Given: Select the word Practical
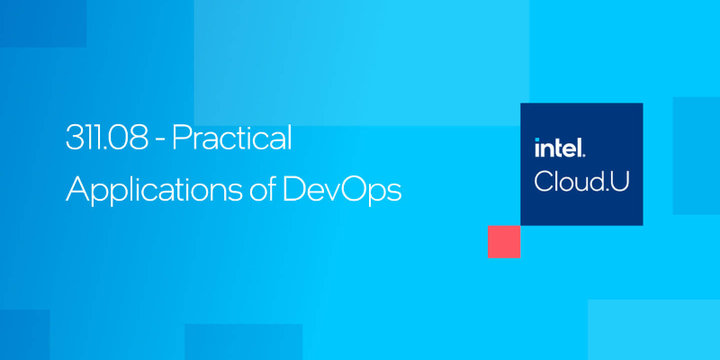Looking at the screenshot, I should [232, 139].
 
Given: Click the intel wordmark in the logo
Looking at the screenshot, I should [561, 147].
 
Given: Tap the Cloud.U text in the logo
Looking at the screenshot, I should [581, 180].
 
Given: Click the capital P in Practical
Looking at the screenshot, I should [179, 139].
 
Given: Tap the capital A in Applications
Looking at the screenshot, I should [77, 189].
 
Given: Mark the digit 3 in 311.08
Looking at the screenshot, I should [73, 139].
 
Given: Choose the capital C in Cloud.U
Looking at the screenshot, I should [544, 180].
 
